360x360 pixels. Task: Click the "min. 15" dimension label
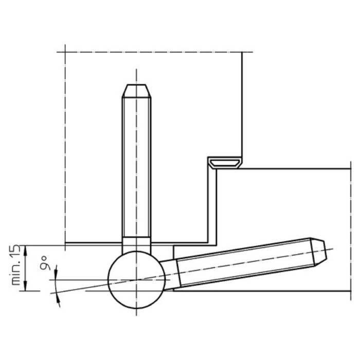[x=16, y=265]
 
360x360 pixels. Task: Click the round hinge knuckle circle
[x=136, y=280]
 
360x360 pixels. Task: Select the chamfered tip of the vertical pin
[x=136, y=91]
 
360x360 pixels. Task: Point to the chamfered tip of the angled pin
[x=318, y=252]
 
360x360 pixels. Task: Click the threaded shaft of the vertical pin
[x=136, y=167]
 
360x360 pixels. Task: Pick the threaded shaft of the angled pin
[x=245, y=262]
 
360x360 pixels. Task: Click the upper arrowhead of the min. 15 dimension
[x=26, y=250]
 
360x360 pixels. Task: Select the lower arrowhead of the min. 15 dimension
[x=26, y=285]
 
